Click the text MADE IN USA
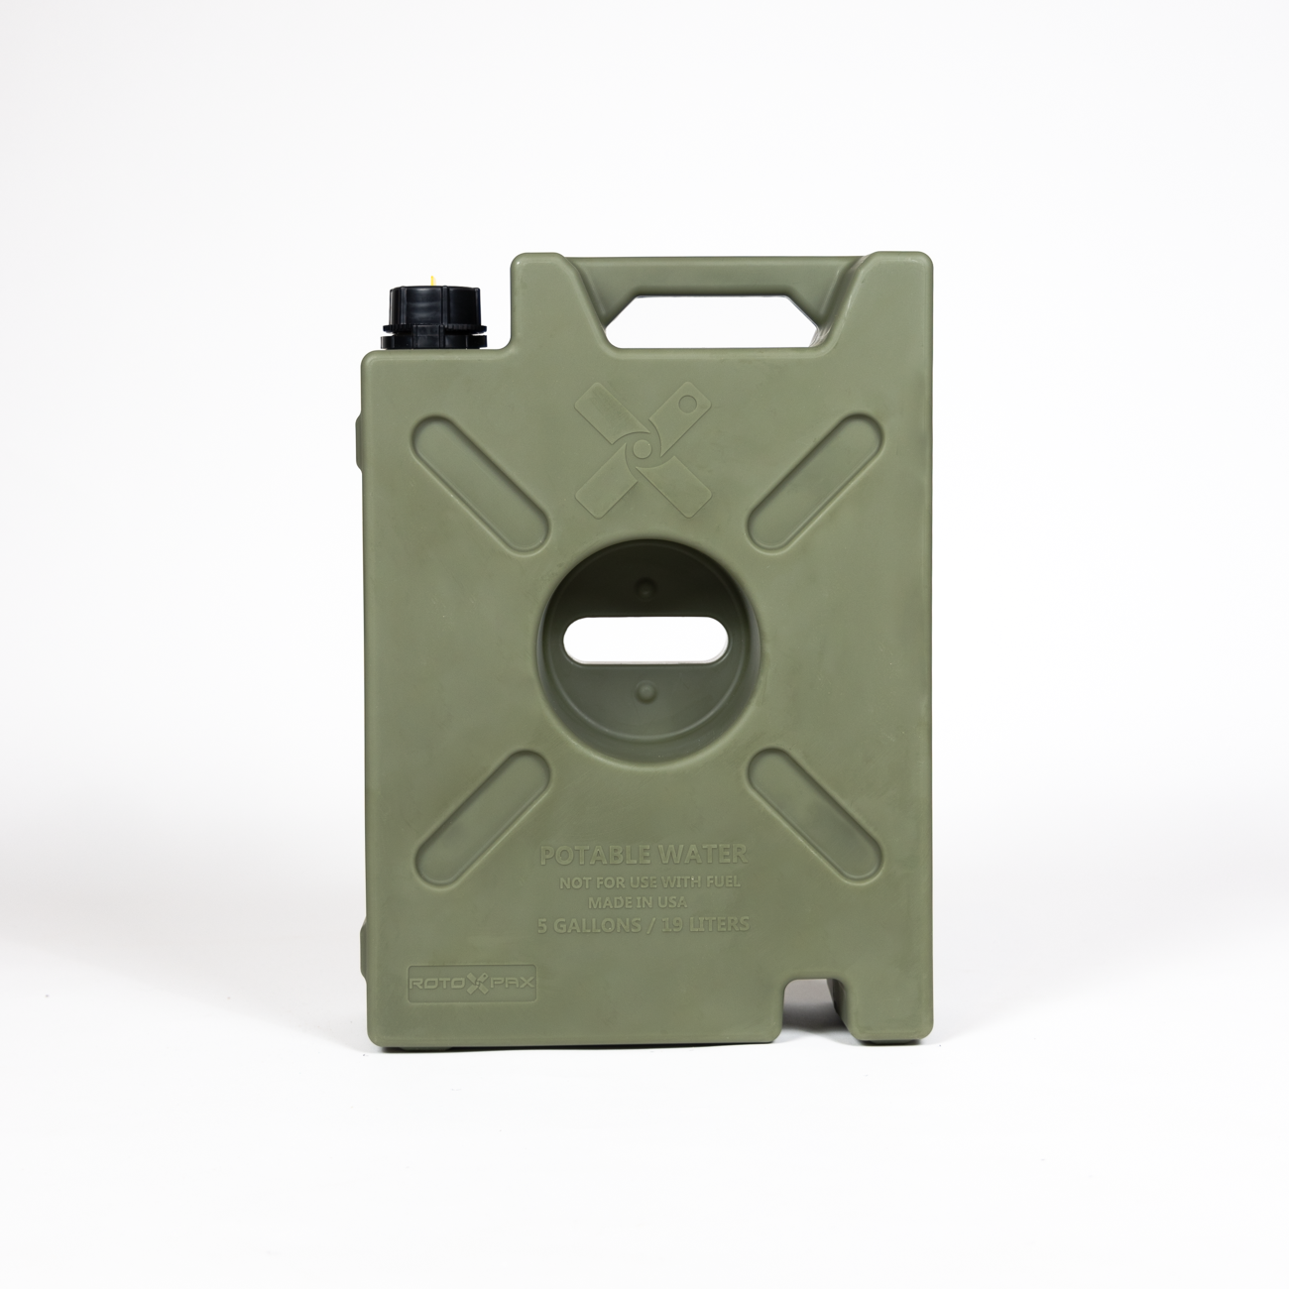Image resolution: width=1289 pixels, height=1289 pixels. (x=645, y=901)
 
